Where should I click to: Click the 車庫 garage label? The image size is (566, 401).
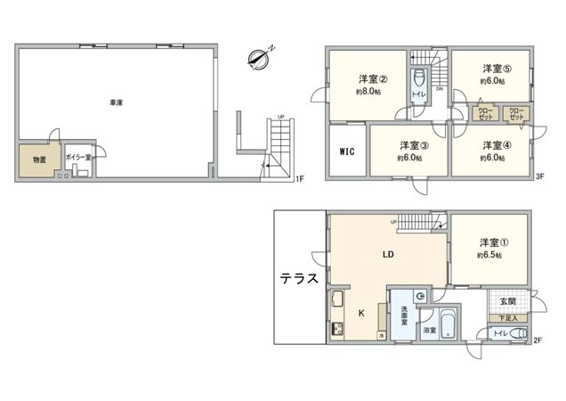(117, 103)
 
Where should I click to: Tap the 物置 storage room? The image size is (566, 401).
(39, 160)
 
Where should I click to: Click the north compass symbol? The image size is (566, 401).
(260, 58)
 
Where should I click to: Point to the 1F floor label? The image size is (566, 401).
(300, 180)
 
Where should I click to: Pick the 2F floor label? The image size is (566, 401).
(538, 340)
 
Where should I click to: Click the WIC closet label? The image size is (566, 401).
(347, 151)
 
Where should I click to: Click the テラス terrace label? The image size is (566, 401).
(301, 278)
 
